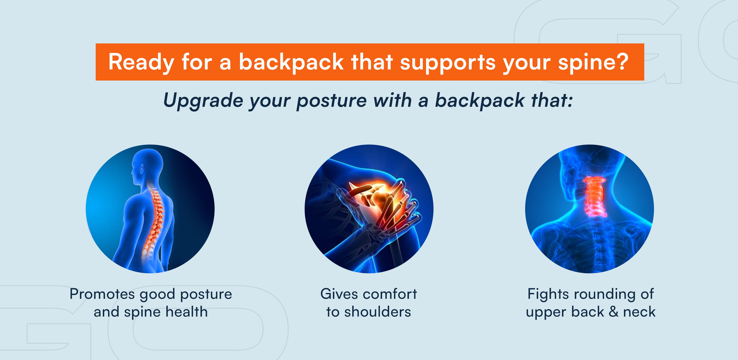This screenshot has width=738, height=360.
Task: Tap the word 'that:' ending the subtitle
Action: click(x=552, y=100)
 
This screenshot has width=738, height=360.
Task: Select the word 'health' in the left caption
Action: click(x=186, y=312)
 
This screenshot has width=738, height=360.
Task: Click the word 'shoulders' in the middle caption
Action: click(x=378, y=312)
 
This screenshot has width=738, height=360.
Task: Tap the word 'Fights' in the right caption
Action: click(x=548, y=295)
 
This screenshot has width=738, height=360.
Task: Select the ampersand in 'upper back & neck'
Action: click(x=613, y=312)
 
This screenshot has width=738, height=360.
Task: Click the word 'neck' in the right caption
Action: click(x=639, y=312)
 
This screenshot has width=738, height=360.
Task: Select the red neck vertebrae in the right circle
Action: click(x=595, y=196)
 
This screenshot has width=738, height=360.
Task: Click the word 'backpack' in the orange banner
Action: click(x=291, y=62)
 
